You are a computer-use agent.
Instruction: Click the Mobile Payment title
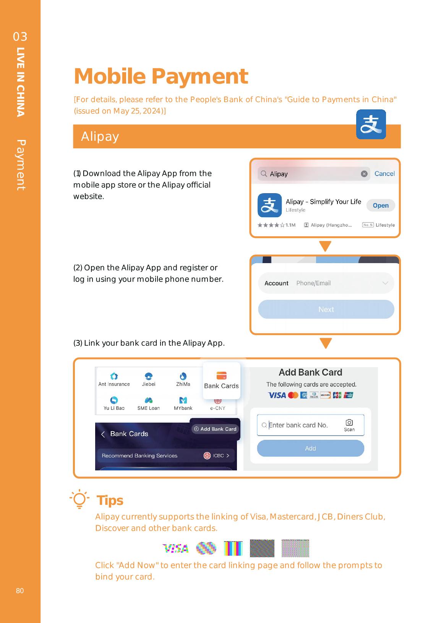tap(161, 76)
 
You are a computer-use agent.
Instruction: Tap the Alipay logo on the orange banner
tap(371, 124)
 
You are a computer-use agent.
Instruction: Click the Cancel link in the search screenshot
tap(384, 174)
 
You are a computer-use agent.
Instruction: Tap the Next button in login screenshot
tap(326, 309)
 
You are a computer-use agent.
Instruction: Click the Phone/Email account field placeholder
tap(313, 283)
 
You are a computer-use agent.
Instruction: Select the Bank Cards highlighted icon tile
tap(221, 380)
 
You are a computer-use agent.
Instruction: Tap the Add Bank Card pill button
tap(215, 429)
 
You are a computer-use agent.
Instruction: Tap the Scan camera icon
tap(349, 423)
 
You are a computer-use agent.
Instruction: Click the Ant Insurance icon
tap(114, 376)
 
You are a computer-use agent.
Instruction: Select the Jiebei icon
tap(149, 376)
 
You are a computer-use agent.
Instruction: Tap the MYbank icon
tap(183, 400)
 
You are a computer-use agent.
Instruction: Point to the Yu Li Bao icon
tap(114, 400)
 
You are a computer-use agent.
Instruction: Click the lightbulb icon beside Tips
tap(79, 499)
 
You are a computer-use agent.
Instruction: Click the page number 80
tap(20, 591)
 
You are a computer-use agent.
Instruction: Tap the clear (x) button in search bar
tap(364, 174)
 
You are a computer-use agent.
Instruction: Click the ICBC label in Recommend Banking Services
tap(218, 455)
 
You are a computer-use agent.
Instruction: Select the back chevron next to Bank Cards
tap(103, 434)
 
